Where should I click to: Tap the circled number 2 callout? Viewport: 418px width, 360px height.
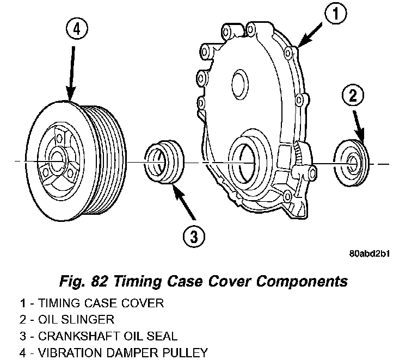pyautogui.click(x=352, y=97)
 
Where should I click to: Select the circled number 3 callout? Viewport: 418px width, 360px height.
pyautogui.click(x=193, y=236)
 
